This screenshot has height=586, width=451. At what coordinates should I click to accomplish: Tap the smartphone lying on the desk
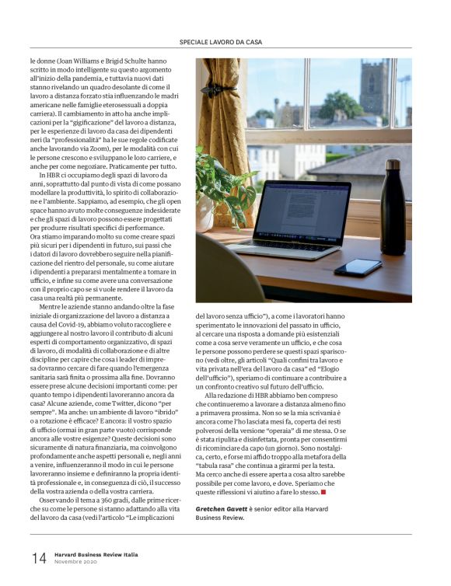(x=358, y=267)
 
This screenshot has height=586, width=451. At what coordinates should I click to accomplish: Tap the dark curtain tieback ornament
(x=208, y=90)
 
